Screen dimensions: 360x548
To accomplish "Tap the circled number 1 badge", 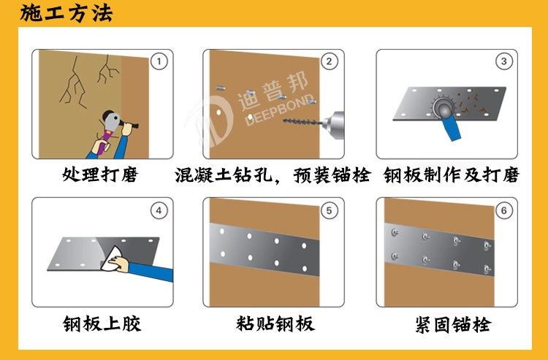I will coord(159,61).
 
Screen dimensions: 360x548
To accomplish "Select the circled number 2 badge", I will coord(330,61).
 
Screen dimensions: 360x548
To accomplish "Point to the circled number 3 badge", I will coord(503,61).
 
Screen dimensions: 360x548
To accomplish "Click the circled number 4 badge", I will coord(159,210).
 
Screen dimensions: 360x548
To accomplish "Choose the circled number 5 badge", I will coord(330,210).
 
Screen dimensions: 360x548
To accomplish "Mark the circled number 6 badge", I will coord(503,210).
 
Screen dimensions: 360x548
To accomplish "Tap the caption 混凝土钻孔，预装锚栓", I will coord(273,176).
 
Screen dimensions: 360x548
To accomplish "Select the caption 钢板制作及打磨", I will coord(451,176).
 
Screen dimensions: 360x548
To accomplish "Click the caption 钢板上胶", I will coord(101,323).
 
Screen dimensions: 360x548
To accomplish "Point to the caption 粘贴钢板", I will coord(275,323).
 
